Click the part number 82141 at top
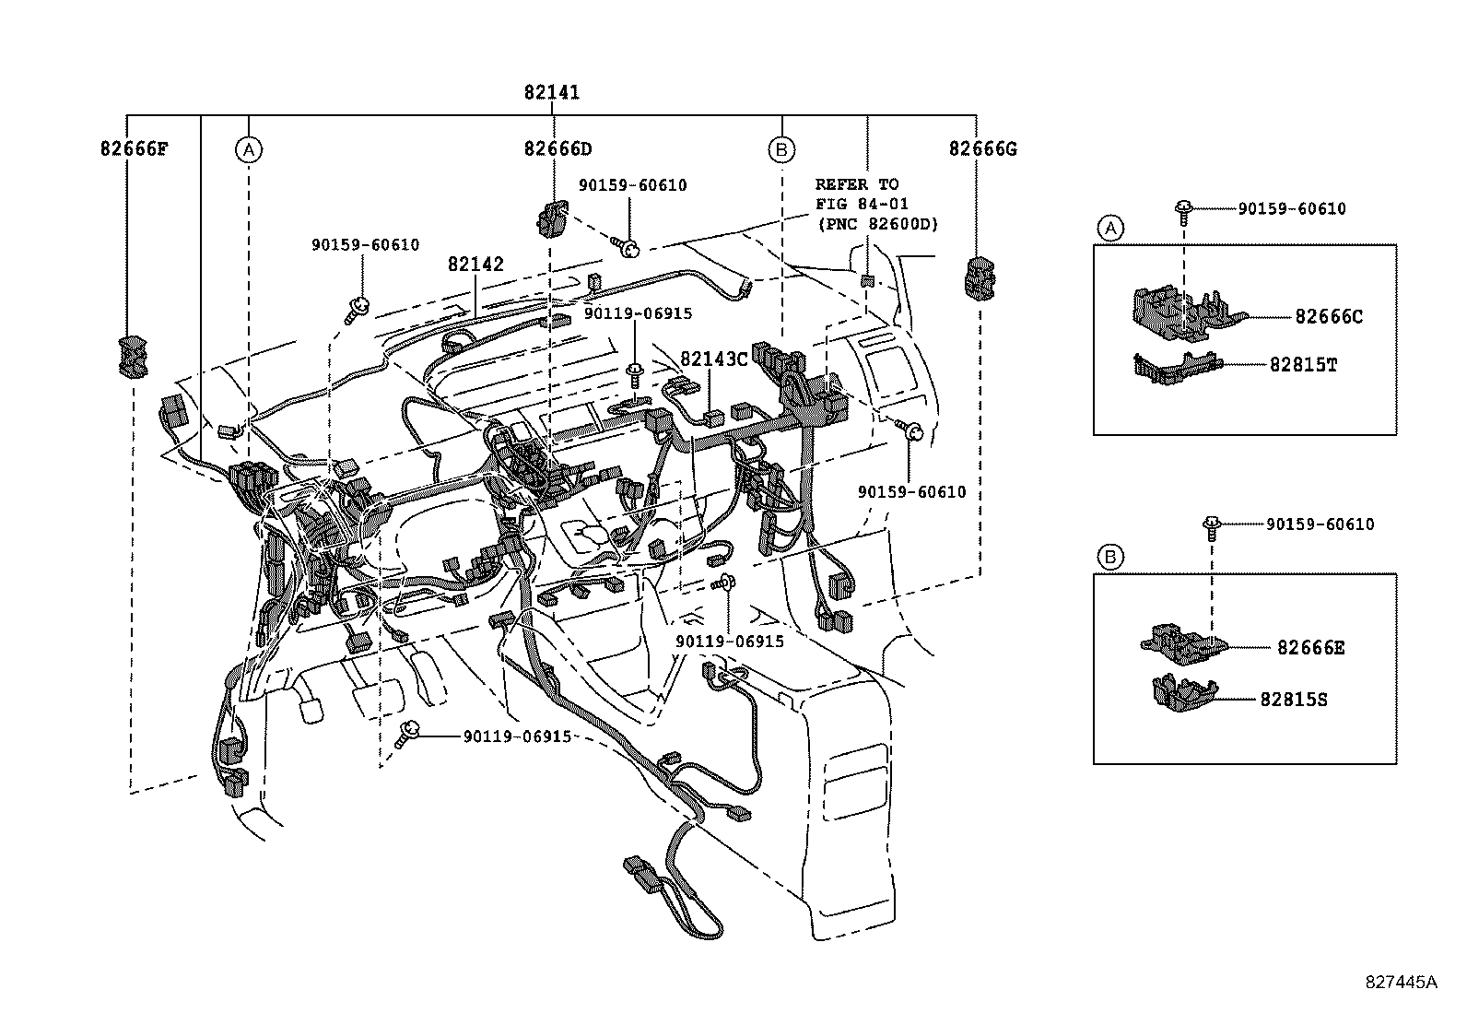pos(552,92)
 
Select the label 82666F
pos(135,148)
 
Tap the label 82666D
pos(558,148)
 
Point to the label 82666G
pos(982,148)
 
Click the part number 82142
pos(475,265)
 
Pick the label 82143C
pos(714,359)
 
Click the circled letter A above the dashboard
pos(248,149)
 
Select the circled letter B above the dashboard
pos(781,149)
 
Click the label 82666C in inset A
pos(1328,317)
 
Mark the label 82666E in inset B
pos(1310,648)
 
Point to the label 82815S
pos(1294,700)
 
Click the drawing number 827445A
pos(1401,982)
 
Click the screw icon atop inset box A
pos(1184,209)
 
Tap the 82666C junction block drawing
pos(1179,309)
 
